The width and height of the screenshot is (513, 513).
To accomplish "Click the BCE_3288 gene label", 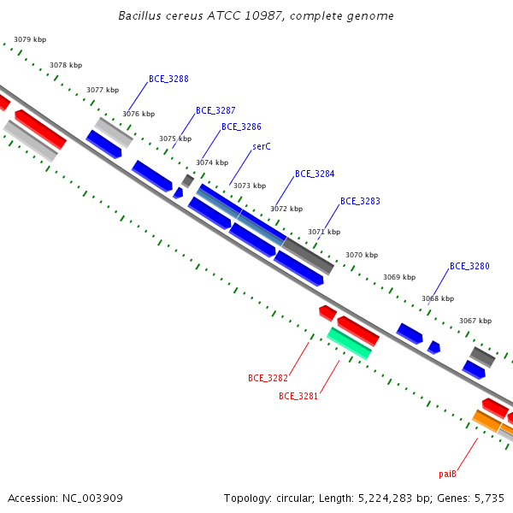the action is click(x=168, y=79).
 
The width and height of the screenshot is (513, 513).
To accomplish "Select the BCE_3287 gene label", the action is click(x=215, y=110).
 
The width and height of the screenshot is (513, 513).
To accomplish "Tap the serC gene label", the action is click(x=262, y=146).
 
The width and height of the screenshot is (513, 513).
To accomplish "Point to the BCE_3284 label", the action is click(x=315, y=174).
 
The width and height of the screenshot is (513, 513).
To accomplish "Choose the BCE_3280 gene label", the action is click(x=469, y=266).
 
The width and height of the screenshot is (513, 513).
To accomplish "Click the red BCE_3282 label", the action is click(x=268, y=378).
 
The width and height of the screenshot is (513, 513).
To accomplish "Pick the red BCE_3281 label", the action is click(x=298, y=396).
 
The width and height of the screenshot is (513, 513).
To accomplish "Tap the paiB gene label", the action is click(x=447, y=474).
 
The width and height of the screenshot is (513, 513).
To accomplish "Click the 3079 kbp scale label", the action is click(x=30, y=39).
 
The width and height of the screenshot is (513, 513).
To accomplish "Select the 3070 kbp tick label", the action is click(x=362, y=255).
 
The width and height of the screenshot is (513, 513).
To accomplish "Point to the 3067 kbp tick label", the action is click(x=475, y=321).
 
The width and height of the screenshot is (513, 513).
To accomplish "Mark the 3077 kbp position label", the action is click(x=103, y=90).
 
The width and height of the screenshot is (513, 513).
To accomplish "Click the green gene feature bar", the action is click(x=350, y=344).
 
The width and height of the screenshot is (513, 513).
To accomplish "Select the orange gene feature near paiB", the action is click(x=486, y=421).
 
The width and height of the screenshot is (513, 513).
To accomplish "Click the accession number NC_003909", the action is click(x=92, y=498).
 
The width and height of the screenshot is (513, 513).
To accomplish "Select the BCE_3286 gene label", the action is click(x=241, y=127).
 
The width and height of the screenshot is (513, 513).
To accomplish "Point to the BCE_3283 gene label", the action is click(x=360, y=201).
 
